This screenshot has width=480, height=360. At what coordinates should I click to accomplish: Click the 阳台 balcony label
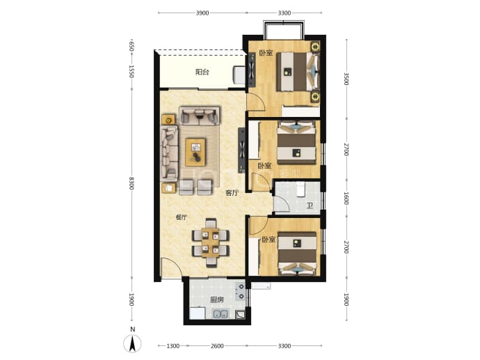(x=202, y=72)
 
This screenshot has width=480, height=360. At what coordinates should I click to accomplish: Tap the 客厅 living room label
(x=232, y=193)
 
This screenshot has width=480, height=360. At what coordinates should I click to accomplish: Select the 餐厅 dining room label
(x=182, y=217)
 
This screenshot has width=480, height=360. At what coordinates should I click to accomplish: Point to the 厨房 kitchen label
(x=217, y=300)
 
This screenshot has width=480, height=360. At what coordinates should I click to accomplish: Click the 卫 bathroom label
(x=310, y=205)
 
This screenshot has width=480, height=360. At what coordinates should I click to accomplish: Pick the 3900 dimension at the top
(x=202, y=13)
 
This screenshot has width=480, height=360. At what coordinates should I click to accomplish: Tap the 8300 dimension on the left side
(x=131, y=183)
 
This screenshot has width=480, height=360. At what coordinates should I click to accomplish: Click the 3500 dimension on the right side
(x=346, y=79)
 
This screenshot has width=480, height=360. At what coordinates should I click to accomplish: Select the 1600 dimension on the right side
(x=346, y=198)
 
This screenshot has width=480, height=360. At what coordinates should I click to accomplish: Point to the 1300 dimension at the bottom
(x=173, y=346)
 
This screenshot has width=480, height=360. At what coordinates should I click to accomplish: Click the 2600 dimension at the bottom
(x=217, y=346)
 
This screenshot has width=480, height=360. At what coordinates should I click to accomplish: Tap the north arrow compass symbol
(x=133, y=343)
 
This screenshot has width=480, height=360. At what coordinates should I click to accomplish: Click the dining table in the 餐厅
(x=210, y=242)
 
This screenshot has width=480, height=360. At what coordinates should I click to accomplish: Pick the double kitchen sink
(x=220, y=314)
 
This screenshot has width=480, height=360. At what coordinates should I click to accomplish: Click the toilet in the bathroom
(x=301, y=189)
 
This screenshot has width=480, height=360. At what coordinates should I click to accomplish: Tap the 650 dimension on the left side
(x=131, y=47)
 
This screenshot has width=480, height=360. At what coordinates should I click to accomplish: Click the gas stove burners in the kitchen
(x=241, y=291)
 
